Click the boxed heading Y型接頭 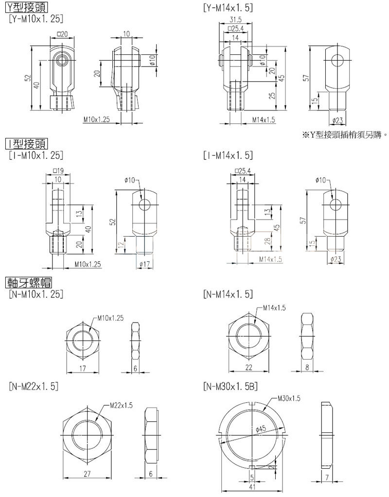point(25,8)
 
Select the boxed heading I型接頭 point(25,144)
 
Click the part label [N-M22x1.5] point(34,386)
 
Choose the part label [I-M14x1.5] point(229,155)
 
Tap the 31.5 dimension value point(237,19)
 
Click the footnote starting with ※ point(343,135)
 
